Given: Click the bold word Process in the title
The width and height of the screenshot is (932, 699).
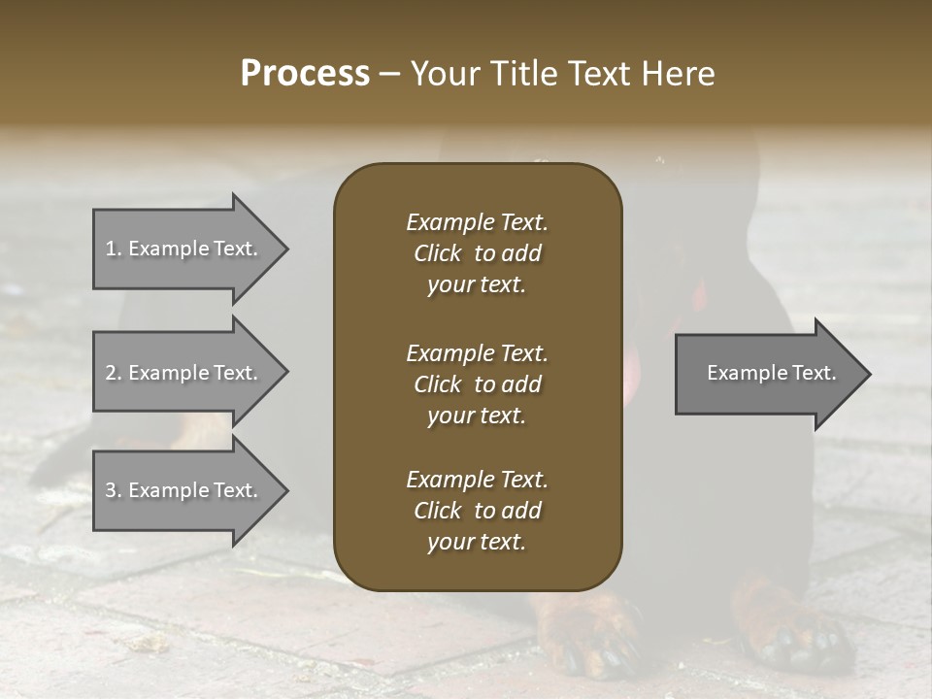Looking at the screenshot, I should point(305,74).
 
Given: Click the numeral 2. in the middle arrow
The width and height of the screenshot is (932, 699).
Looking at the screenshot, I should point(114,373).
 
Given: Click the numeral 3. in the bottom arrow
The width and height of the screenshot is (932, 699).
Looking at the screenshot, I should point(114,490).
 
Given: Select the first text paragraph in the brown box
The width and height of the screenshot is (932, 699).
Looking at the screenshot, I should point(477,253).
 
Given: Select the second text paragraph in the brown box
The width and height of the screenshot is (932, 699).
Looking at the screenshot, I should point(477,383).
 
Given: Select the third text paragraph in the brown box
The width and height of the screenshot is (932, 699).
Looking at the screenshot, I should point(477,511).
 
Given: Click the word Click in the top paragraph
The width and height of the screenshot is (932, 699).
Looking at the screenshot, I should point(437,253).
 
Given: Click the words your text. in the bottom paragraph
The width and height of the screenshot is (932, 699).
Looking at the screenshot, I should point(477,543).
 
